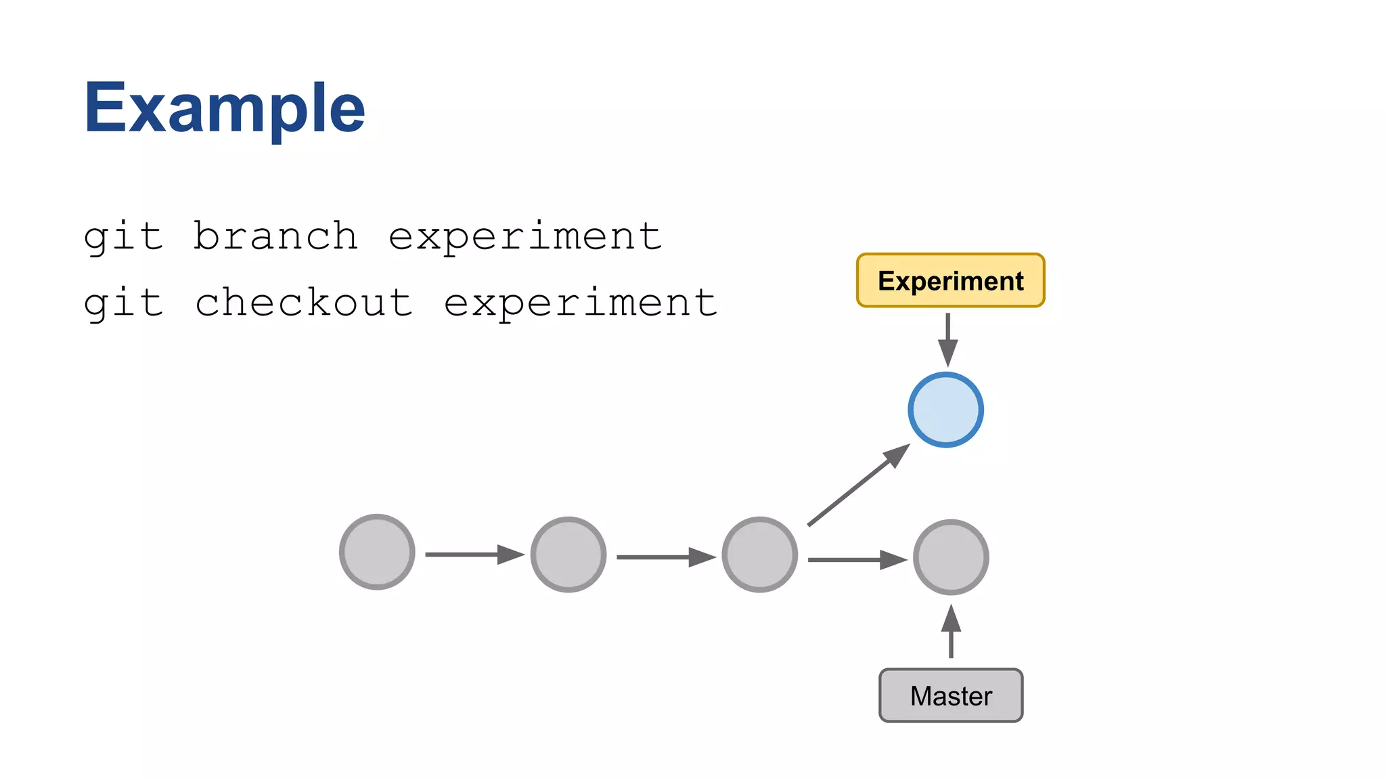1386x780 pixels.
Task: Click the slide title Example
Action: point(224,108)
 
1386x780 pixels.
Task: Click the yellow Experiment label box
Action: point(950,280)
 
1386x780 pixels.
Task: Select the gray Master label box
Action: point(950,695)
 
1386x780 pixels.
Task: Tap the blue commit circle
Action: point(945,410)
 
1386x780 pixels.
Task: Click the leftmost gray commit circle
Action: point(377,552)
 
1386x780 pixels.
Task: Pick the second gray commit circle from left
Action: point(568,555)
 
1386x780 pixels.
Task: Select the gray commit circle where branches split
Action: point(759,555)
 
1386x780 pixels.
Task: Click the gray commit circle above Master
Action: point(951,557)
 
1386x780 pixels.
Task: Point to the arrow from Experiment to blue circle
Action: point(947,339)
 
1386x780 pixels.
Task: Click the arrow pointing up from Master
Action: point(951,631)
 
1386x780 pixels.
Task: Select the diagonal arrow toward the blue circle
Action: point(858,485)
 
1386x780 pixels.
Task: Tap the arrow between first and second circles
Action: point(474,555)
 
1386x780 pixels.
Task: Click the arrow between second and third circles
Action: point(665,557)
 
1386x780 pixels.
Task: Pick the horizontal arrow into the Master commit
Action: point(856,560)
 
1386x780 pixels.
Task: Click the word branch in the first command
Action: point(275,236)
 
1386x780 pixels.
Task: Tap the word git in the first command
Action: point(123,238)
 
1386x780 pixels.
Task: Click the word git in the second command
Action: point(123,303)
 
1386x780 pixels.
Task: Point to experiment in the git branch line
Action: point(524,238)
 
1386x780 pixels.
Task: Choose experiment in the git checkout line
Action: point(580,303)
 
